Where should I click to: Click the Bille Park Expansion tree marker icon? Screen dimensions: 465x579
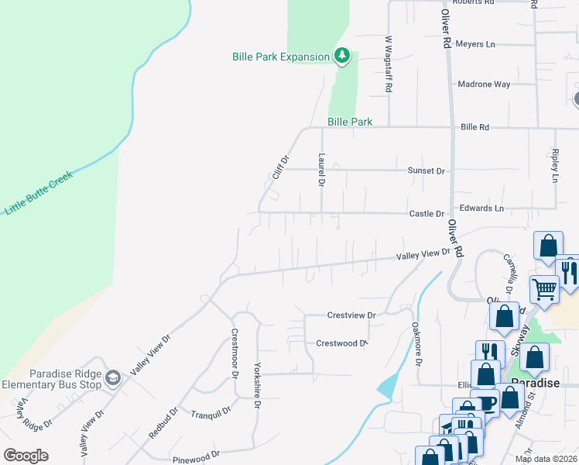(x=341, y=55)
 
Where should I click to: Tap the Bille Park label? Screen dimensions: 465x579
(x=350, y=122)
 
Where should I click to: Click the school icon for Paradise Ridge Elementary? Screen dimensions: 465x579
(x=113, y=377)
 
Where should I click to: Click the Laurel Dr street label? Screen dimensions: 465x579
(x=320, y=169)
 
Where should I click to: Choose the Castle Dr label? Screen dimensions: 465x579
(x=427, y=213)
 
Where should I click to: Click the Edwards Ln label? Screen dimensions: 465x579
(x=481, y=208)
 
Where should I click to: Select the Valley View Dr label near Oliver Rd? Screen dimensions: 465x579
(x=423, y=254)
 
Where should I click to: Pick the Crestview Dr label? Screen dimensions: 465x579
(x=351, y=315)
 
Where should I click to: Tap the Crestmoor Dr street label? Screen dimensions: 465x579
(x=234, y=353)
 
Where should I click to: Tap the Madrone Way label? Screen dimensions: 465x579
(x=484, y=84)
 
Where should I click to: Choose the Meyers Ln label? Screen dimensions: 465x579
(x=475, y=44)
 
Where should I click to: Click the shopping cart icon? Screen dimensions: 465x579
(x=544, y=288)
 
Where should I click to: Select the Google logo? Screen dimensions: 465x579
(x=26, y=455)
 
